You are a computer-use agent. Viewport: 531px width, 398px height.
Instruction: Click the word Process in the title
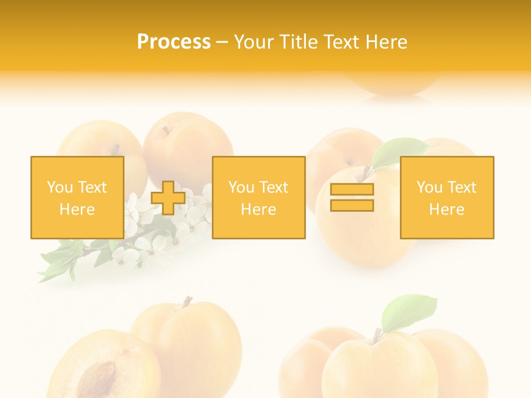tap(174, 42)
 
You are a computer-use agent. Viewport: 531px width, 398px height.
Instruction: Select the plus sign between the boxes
tap(168, 198)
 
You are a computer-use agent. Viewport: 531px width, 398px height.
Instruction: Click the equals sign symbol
tap(352, 197)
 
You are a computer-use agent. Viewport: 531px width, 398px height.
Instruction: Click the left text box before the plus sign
tap(77, 197)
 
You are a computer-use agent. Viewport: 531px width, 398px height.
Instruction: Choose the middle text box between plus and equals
tap(258, 197)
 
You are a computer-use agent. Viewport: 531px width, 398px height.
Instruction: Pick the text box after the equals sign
tap(447, 197)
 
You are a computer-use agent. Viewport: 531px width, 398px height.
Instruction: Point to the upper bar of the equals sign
tap(352, 190)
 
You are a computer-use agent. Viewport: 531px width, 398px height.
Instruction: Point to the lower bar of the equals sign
tap(352, 205)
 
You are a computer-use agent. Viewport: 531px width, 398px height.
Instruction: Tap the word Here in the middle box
tap(258, 210)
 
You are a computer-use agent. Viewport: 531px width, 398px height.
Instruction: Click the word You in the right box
tap(429, 187)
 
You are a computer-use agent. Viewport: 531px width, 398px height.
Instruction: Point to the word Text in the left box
tap(92, 187)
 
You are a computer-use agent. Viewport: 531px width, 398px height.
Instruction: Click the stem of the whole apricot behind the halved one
tap(186, 302)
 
